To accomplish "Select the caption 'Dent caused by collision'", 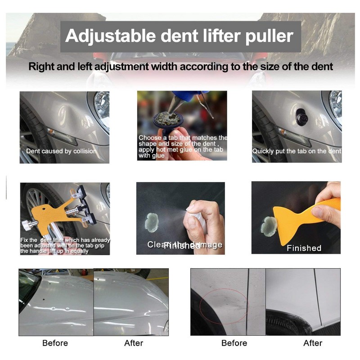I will coord(61,151).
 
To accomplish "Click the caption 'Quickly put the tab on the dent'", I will coord(297,151).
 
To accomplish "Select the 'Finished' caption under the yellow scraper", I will coord(304,248).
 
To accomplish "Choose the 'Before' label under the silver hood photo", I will coord(55,343).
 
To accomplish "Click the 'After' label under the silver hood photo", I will coord(134,343).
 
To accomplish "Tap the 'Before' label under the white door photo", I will coord(234,343).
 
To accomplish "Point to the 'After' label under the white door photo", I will coord(313,343).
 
